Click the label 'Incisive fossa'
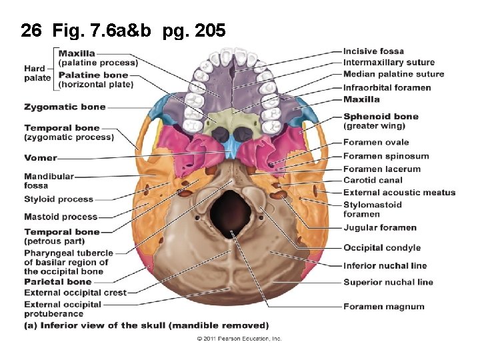[373, 51]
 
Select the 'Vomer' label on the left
[41, 158]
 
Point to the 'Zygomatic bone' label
[65, 107]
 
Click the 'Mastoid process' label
[61, 217]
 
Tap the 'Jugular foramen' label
[379, 228]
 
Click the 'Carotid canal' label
[373, 180]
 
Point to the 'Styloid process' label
[59, 199]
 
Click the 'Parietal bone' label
[58, 282]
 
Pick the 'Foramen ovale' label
[376, 142]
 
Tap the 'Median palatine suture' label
[393, 75]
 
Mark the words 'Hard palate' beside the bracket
[37, 73]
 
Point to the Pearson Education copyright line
[239, 339]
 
